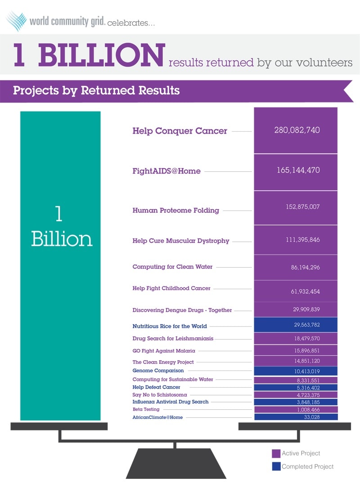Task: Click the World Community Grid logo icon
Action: pyautogui.click(x=16, y=21)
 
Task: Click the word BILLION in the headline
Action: pyautogui.click(x=101, y=55)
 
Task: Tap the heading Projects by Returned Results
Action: pyautogui.click(x=96, y=90)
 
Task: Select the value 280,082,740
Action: pyautogui.click(x=297, y=130)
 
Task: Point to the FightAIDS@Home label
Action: pyautogui.click(x=166, y=171)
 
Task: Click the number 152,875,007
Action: pyautogui.click(x=296, y=207)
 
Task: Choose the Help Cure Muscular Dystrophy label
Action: pyautogui.click(x=181, y=241)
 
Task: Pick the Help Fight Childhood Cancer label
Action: pyautogui.click(x=171, y=288)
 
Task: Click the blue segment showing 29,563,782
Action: pyautogui.click(x=296, y=325)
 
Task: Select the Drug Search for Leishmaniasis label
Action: pyautogui.click(x=173, y=338)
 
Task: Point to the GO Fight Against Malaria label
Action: pyautogui.click(x=164, y=350)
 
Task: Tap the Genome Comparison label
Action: pyautogui.click(x=158, y=371)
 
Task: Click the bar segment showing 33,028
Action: pyautogui.click(x=296, y=417)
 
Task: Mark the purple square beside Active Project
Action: pyautogui.click(x=276, y=453)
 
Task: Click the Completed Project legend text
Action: pyautogui.click(x=308, y=467)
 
